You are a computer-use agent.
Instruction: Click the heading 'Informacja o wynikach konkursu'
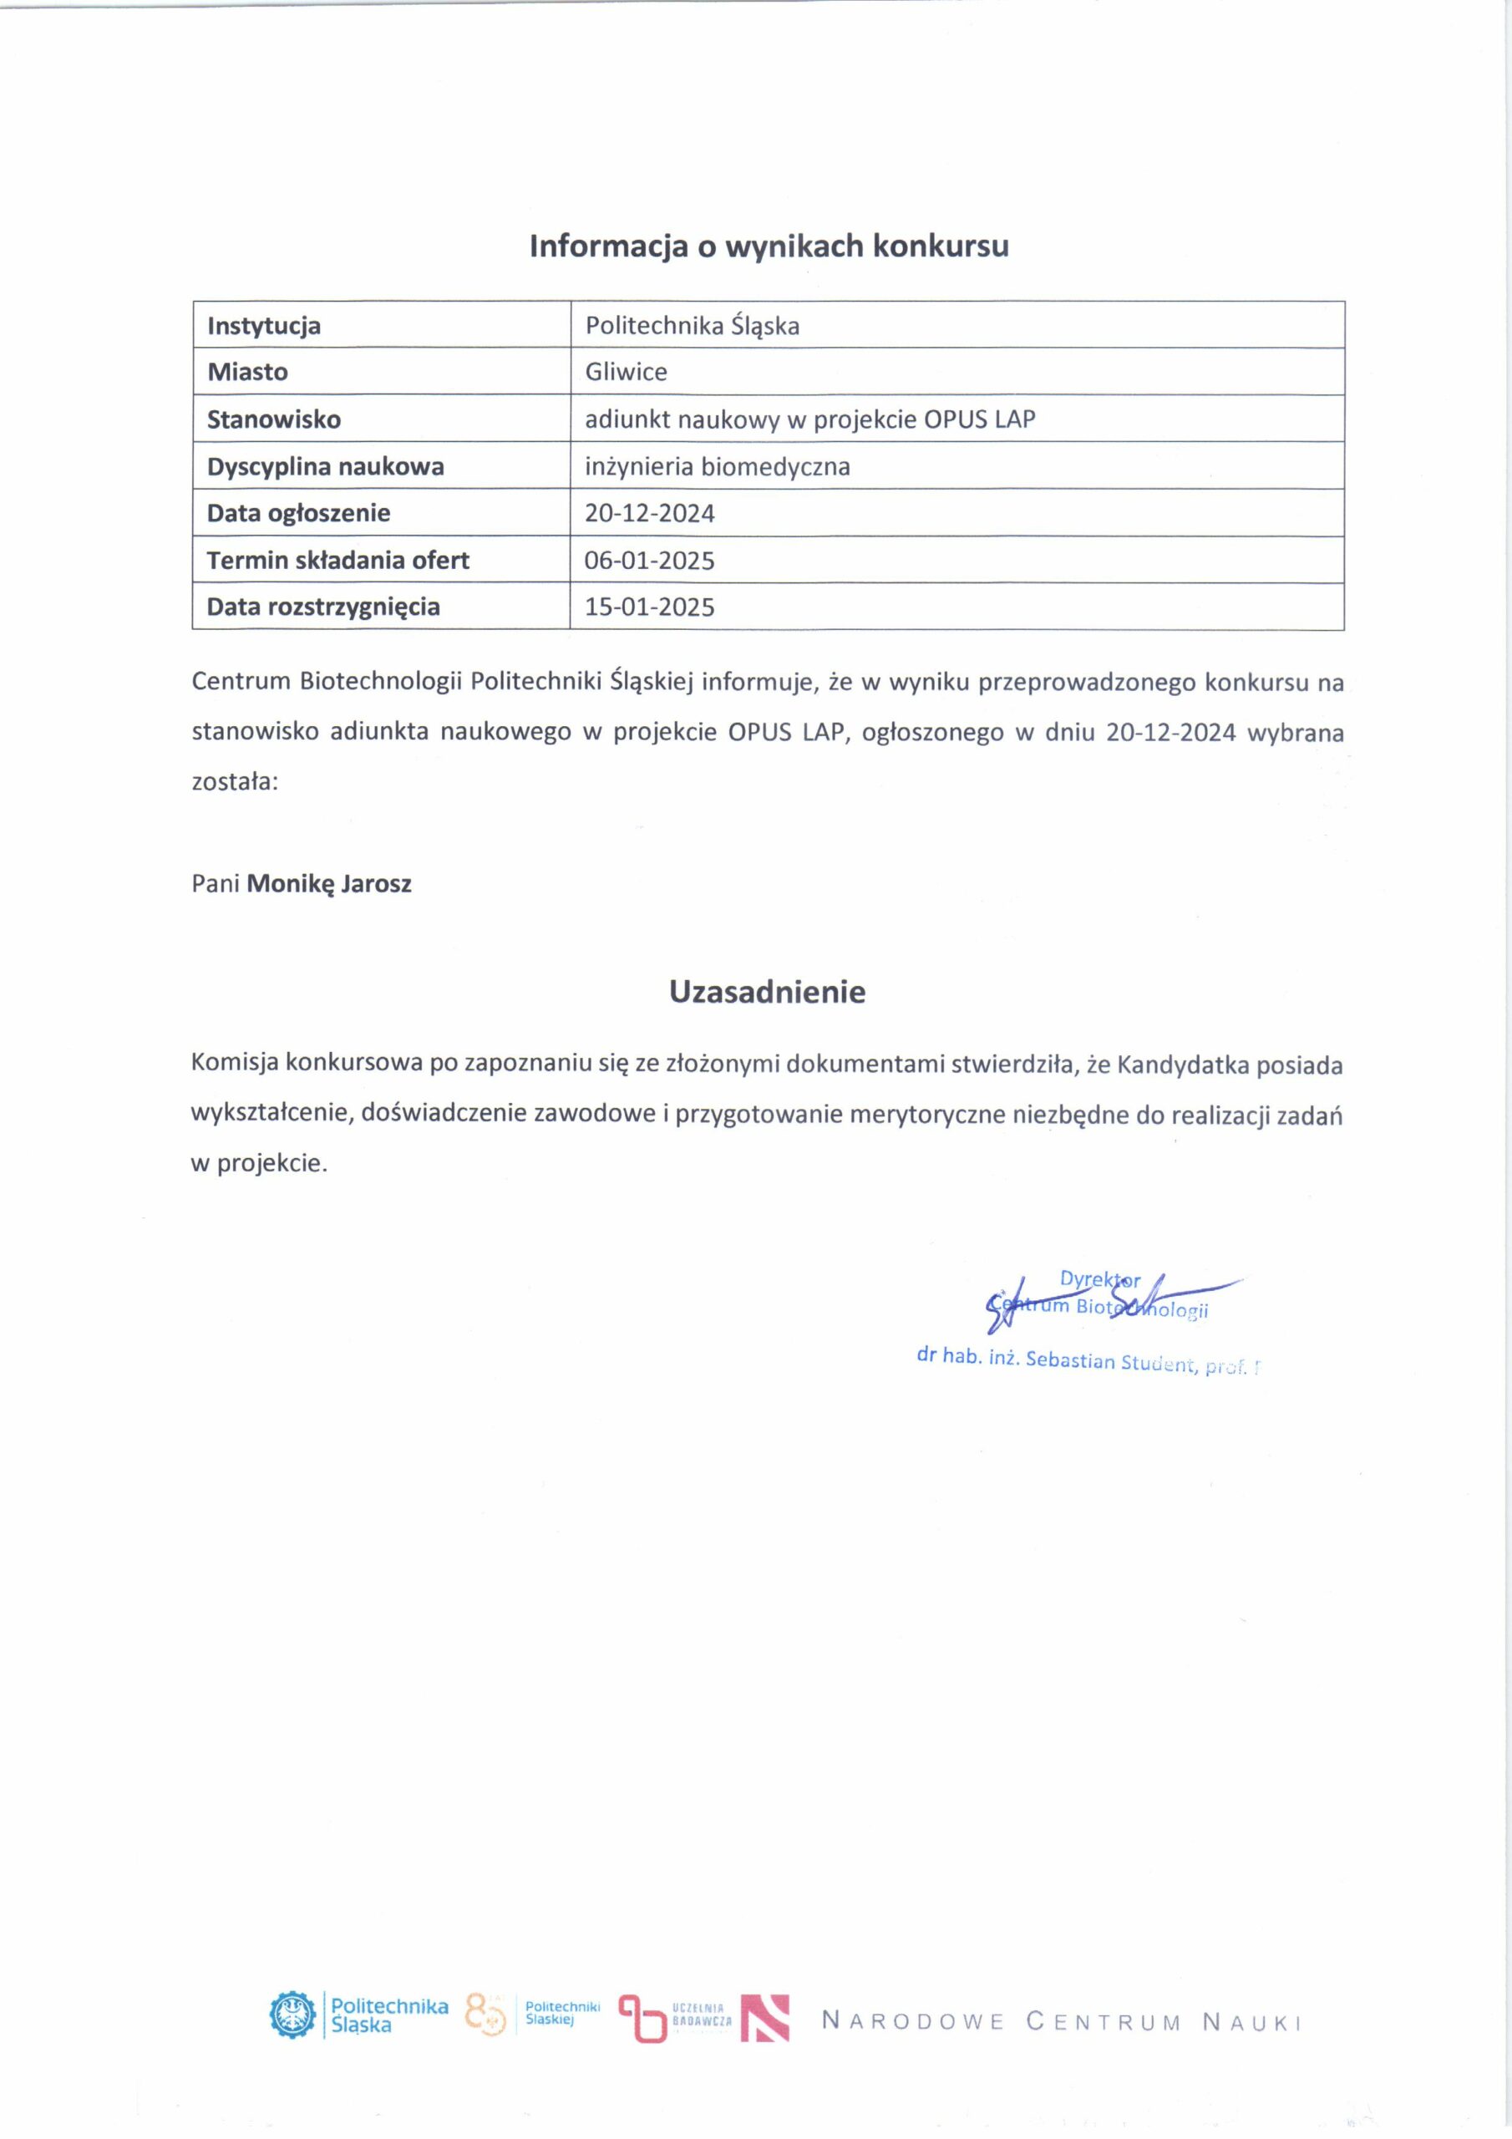point(769,246)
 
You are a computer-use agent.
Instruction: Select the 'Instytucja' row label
point(264,326)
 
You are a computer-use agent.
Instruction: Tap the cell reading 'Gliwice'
point(626,372)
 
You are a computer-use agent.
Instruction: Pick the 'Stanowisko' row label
point(274,419)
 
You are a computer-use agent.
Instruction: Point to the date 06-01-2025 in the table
point(649,560)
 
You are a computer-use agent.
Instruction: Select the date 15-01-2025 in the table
point(649,607)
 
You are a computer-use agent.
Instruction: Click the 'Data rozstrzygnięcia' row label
point(323,607)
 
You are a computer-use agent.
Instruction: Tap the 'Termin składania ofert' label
point(338,560)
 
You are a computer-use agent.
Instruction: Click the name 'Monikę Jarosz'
point(329,883)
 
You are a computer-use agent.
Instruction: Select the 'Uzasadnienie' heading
point(767,991)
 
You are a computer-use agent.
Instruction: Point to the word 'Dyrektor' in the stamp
point(1099,1279)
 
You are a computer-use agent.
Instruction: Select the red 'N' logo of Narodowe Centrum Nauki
point(765,2019)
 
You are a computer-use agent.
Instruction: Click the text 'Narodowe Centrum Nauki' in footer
point(1061,2022)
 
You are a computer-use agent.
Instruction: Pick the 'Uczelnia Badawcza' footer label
point(702,2016)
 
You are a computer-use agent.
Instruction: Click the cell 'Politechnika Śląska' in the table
point(693,326)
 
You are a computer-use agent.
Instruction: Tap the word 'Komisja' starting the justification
point(233,1063)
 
